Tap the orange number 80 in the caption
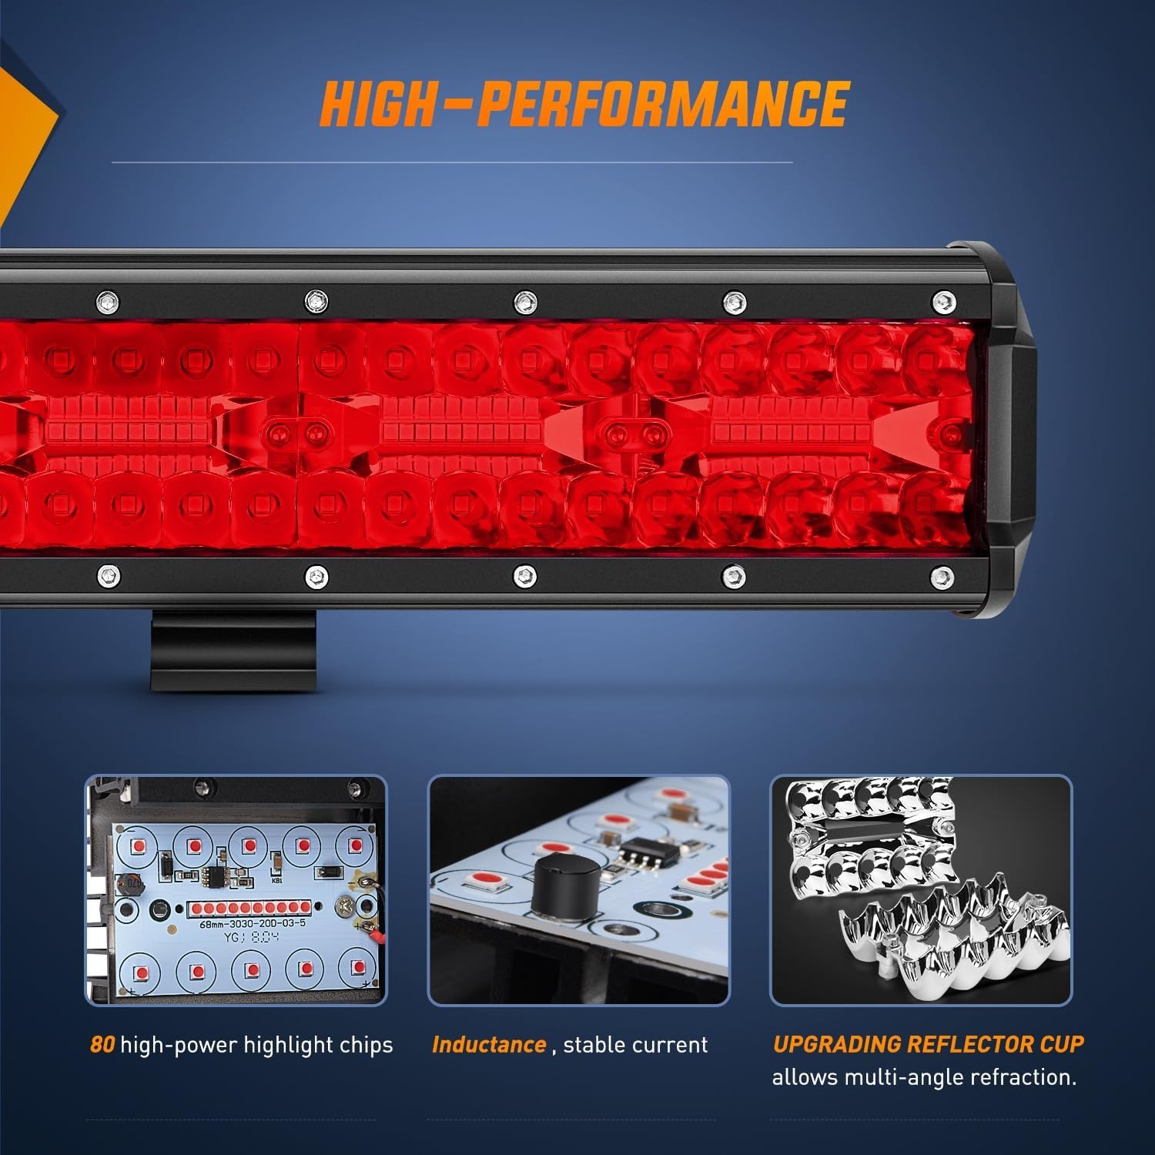[102, 1045]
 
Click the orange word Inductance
[489, 1045]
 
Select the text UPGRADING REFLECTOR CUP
[928, 1044]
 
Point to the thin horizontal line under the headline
[452, 162]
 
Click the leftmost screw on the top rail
[107, 300]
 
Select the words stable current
[635, 1045]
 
